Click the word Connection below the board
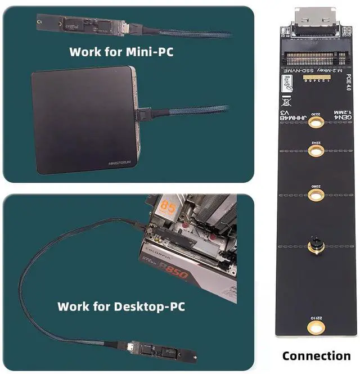tap(316, 355)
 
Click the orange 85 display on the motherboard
tap(168, 208)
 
